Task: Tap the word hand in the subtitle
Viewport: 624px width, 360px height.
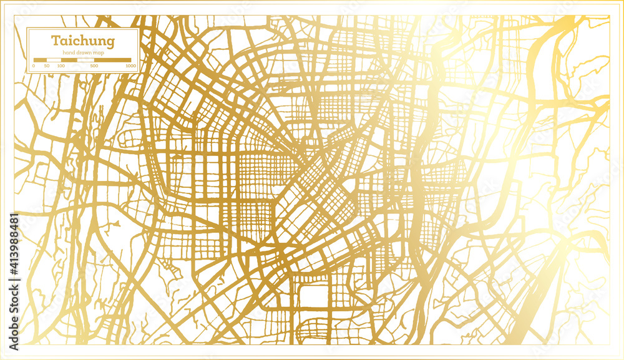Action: coord(68,53)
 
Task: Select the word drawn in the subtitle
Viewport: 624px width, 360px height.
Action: coord(82,53)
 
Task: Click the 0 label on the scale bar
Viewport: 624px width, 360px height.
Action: coord(34,66)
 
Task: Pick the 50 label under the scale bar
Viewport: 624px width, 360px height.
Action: coord(47,66)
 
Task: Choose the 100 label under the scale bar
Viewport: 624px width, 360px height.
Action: coord(61,66)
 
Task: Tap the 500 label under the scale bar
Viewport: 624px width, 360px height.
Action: coord(94,66)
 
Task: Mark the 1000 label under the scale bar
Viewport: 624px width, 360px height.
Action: coord(130,66)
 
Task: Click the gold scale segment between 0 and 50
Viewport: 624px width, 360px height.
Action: coord(41,60)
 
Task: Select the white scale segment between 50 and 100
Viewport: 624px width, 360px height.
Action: coord(54,60)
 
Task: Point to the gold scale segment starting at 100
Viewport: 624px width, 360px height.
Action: coord(69,60)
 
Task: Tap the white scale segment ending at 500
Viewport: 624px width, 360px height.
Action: coord(85,60)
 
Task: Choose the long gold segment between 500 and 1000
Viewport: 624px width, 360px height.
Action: coord(112,60)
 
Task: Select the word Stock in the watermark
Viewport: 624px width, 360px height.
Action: coord(13,292)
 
